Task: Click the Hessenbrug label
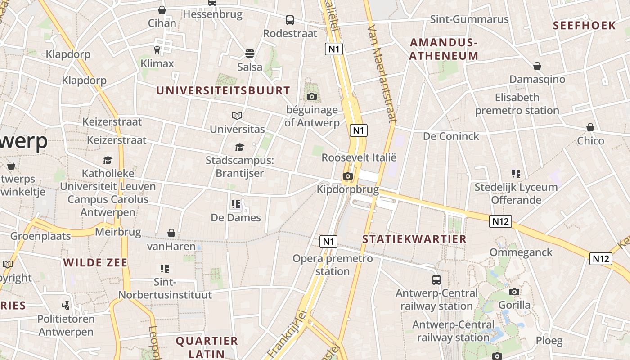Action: pyautogui.click(x=212, y=14)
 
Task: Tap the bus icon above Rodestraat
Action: pyautogui.click(x=290, y=20)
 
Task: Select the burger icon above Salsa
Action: pyautogui.click(x=250, y=54)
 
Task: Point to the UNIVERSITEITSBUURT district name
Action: pyautogui.click(x=223, y=90)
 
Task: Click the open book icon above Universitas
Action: pyautogui.click(x=237, y=116)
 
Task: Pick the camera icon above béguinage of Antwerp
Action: pyautogui.click(x=311, y=96)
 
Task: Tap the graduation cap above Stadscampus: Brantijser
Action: pyautogui.click(x=239, y=147)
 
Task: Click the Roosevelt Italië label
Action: pyautogui.click(x=359, y=158)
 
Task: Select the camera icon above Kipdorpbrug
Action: pyautogui.click(x=347, y=176)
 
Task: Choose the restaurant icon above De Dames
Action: pyautogui.click(x=236, y=204)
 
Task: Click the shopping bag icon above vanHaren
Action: pyautogui.click(x=171, y=233)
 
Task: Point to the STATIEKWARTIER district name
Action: pyautogui.click(x=414, y=239)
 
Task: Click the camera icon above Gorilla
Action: pyautogui.click(x=514, y=292)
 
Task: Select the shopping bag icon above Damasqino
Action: pyautogui.click(x=537, y=66)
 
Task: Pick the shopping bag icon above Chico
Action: pyautogui.click(x=590, y=128)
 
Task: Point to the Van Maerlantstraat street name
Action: pyautogui.click(x=382, y=74)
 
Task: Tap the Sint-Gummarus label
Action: pyautogui.click(x=469, y=19)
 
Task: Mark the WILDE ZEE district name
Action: pyautogui.click(x=95, y=263)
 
